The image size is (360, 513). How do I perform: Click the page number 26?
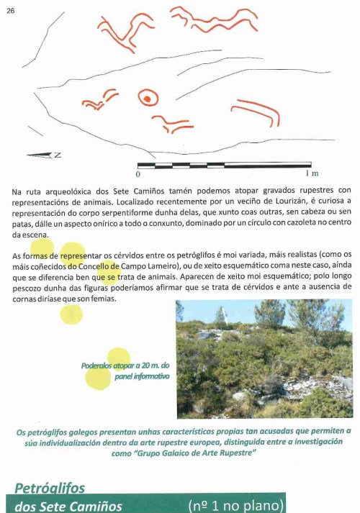point(10,9)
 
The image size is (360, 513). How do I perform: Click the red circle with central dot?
point(147,97)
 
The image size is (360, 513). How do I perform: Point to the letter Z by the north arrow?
point(58,155)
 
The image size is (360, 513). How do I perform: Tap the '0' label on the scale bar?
point(138,174)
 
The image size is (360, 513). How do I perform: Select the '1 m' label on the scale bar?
point(312,174)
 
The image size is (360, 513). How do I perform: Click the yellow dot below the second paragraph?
point(71,314)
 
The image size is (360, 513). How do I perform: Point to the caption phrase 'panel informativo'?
point(141,376)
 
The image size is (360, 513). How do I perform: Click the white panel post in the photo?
point(222,314)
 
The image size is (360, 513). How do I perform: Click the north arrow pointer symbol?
point(39,155)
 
